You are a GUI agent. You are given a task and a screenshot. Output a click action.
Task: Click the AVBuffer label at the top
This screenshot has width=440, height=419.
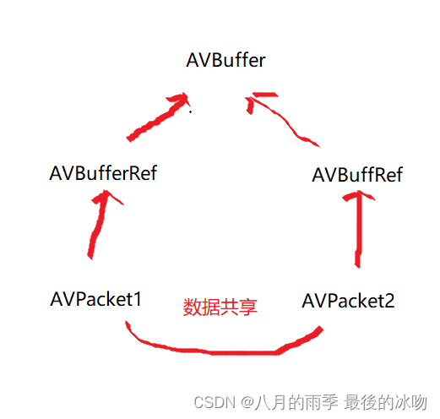tap(226, 60)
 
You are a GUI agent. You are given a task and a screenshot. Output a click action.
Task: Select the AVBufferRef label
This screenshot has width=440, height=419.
tap(104, 174)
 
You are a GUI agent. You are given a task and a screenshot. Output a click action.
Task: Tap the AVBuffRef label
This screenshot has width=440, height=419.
tap(357, 175)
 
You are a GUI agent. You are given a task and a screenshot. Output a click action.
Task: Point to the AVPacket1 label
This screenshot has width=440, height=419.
tap(95, 298)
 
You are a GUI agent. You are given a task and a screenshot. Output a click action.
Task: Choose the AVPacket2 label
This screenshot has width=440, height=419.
tap(348, 300)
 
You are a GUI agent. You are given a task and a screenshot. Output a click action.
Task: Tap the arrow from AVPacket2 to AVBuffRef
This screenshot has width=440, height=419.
tap(359, 228)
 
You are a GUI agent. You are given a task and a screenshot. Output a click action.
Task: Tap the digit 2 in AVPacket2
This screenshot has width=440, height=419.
tap(388, 300)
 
